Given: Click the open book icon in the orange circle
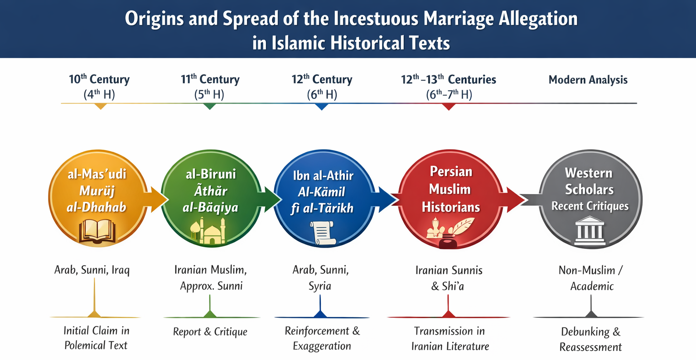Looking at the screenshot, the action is pyautogui.click(x=97, y=231).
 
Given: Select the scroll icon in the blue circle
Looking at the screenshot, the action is pyautogui.click(x=323, y=233).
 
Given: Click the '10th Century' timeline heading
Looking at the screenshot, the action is pyautogui.click(x=99, y=79).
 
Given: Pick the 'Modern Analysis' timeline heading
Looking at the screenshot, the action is pyautogui.click(x=588, y=80).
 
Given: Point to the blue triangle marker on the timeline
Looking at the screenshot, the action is pyautogui.click(x=322, y=107).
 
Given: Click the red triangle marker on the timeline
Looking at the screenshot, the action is pyautogui.click(x=449, y=107).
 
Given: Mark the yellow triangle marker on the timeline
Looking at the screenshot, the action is pyautogui.click(x=100, y=106).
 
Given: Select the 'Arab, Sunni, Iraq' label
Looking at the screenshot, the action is pyautogui.click(x=92, y=270).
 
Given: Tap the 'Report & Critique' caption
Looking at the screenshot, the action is pyautogui.click(x=210, y=332).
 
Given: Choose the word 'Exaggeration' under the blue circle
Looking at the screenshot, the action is pyautogui.click(x=322, y=346).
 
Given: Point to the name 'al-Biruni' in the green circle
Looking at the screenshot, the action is pyautogui.click(x=211, y=174).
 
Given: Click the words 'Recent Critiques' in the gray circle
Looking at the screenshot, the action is pyautogui.click(x=590, y=206).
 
